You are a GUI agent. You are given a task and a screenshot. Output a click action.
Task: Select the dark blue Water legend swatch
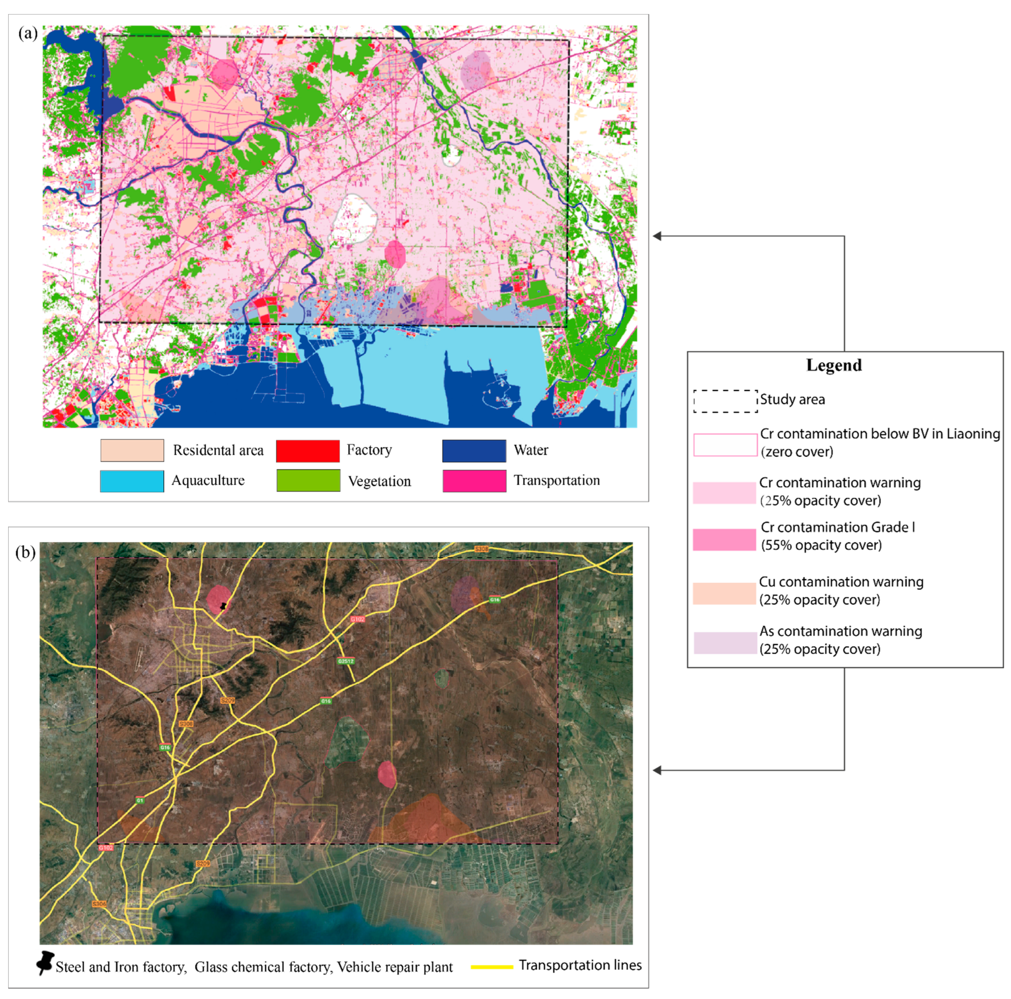tap(474, 451)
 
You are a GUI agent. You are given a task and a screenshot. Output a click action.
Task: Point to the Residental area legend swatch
tap(132, 451)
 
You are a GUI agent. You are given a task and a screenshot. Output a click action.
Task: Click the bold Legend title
tap(833, 365)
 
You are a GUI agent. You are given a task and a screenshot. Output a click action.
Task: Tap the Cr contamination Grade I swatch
tap(724, 540)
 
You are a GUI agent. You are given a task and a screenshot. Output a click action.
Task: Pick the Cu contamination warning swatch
tap(724, 593)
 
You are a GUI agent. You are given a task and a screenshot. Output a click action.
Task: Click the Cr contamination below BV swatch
tap(725, 444)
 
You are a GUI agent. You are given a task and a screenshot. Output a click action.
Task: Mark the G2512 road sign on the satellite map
tap(345, 661)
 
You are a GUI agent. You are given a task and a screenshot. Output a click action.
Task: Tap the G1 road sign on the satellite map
tap(140, 801)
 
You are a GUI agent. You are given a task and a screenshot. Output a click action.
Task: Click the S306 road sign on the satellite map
tap(99, 904)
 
